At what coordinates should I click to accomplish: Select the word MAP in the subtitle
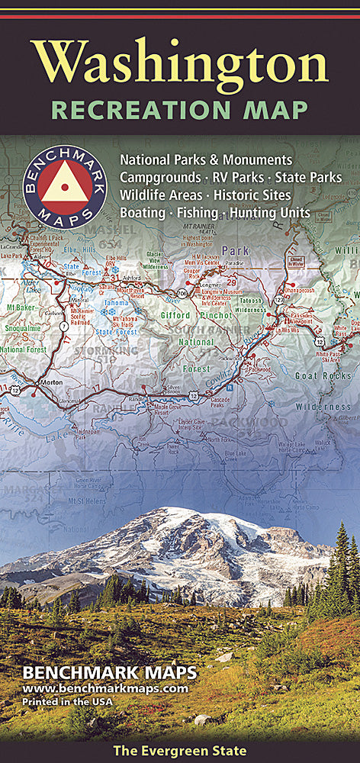pos(280,110)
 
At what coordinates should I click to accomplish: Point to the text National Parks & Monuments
pos(205,160)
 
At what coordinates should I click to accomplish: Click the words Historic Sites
pos(254,195)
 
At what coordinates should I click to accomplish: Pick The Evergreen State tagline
pos(180,751)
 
